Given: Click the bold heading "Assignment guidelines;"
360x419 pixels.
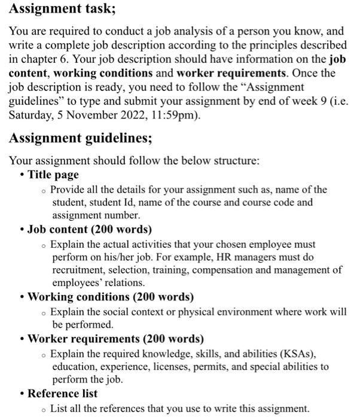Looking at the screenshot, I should tap(81, 138).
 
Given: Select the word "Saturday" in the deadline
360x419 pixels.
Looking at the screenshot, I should tap(30, 115).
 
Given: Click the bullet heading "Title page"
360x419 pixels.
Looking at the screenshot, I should tap(53, 175).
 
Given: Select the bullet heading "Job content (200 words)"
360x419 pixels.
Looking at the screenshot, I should tap(90, 229).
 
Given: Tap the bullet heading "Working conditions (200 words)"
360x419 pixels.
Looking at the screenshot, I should tap(111, 297).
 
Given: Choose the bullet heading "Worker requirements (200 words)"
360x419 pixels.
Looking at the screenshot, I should tap(115, 339).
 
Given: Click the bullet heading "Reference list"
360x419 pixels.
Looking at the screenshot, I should tap(62, 393).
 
